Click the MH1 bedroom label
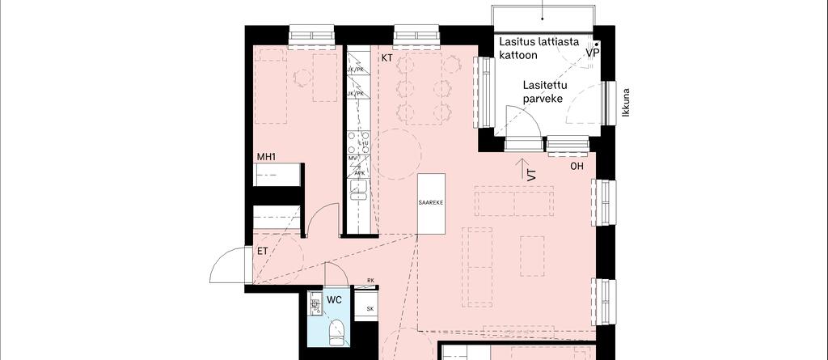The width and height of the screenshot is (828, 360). (267, 156)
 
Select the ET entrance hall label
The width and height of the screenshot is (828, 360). (263, 252)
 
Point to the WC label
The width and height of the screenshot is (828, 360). (334, 300)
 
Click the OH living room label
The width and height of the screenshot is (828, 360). (577, 167)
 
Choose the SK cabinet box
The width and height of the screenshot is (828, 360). (370, 309)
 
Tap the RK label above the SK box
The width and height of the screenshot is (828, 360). (370, 281)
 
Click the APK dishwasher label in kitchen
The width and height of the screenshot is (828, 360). (359, 173)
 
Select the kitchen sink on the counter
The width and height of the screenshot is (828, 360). (358, 191)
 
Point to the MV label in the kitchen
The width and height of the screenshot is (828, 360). (353, 159)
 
